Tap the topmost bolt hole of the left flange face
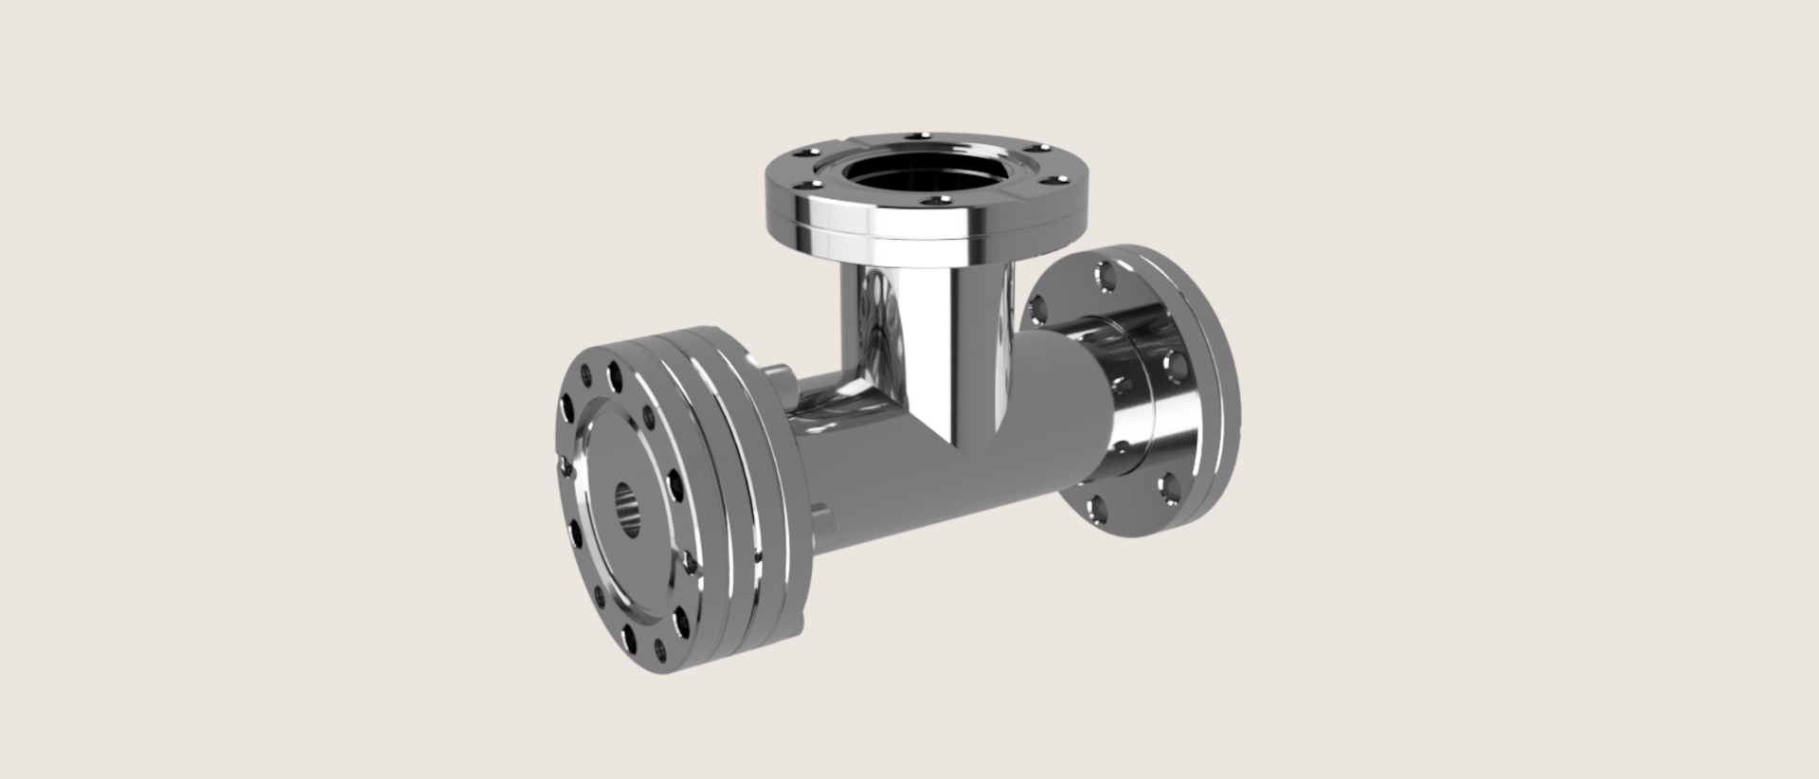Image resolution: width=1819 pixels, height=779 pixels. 614,375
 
